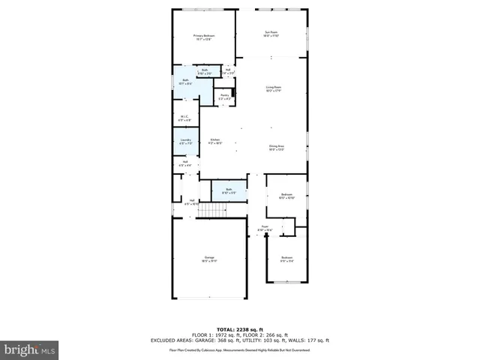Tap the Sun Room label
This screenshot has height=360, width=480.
click(x=271, y=33)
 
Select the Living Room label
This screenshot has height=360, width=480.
click(x=273, y=89)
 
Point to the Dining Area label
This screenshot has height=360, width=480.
click(x=277, y=148)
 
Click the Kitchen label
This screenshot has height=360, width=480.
click(x=214, y=140)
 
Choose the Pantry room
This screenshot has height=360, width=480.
click(x=224, y=97)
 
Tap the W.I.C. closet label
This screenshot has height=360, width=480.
click(x=185, y=118)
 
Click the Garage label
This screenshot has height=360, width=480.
click(x=209, y=259)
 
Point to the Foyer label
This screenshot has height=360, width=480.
click(x=265, y=227)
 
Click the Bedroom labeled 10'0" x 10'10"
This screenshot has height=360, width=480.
click(x=287, y=196)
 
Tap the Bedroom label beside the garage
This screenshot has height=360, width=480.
click(x=286, y=259)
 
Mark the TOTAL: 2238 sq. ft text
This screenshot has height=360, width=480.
click(x=239, y=329)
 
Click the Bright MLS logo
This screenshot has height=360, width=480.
click(x=30, y=349)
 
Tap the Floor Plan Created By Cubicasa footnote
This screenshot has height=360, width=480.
click(x=239, y=349)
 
